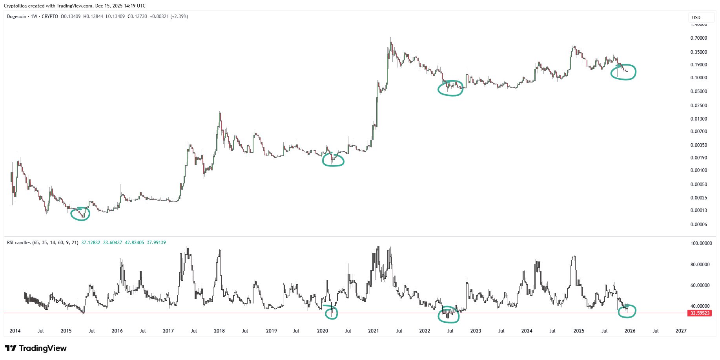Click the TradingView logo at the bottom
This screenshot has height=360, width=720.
point(36,348)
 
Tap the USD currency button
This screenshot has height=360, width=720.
point(696,18)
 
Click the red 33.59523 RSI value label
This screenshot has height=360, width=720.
point(700,313)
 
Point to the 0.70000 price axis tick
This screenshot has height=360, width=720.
point(699,38)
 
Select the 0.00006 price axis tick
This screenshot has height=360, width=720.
point(699,225)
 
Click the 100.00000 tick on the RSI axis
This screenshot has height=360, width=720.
point(701,243)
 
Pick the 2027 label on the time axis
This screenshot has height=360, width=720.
point(681,331)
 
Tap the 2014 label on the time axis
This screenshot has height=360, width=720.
point(15,331)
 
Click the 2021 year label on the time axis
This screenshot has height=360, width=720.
point(374,331)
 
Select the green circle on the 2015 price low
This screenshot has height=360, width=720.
point(80,214)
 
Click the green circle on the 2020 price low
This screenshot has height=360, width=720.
point(333,159)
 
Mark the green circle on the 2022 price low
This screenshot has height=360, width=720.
point(450,88)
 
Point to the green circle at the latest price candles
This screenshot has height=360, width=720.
point(623,72)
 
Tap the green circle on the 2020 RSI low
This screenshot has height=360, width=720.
point(332,312)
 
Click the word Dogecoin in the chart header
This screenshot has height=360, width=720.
point(16,16)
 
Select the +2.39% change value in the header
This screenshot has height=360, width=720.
point(179,16)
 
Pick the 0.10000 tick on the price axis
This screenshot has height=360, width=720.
point(699,78)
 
